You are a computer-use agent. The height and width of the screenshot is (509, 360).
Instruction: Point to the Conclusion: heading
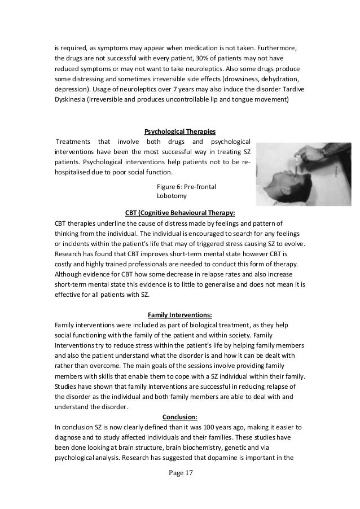tap(180, 416)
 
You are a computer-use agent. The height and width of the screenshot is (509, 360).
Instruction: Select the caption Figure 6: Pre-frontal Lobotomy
tap(187, 191)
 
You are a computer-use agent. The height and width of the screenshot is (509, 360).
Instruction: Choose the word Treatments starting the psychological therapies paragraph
tap(72, 142)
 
